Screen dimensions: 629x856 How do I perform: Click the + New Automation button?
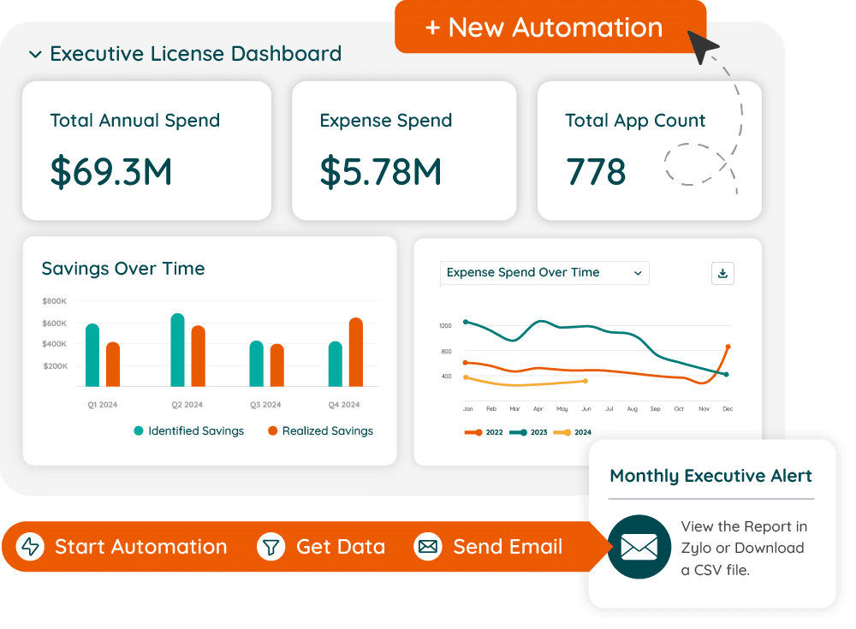544,27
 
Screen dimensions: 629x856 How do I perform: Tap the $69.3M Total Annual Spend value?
111,171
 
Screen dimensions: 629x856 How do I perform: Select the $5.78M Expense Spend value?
381,171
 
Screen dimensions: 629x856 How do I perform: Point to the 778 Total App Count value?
596,171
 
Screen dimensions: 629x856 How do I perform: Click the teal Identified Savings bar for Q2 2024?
177,350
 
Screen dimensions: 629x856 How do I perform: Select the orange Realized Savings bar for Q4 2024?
356,352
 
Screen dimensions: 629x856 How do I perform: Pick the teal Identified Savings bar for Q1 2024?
92,355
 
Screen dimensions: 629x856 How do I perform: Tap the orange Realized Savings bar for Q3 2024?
277,365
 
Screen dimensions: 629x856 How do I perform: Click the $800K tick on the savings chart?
54,301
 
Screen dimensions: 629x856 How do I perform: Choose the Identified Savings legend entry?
188,431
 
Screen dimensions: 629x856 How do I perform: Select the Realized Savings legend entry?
321,431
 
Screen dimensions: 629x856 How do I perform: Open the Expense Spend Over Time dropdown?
544,273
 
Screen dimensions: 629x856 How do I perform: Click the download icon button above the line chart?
722,273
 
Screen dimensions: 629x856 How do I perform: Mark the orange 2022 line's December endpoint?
728,347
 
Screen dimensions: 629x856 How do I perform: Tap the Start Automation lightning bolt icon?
31,547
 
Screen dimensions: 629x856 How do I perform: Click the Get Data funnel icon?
271,547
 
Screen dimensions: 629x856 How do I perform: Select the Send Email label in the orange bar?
508,547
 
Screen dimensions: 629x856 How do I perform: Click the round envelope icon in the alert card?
639,547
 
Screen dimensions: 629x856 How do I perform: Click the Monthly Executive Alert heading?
710,476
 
